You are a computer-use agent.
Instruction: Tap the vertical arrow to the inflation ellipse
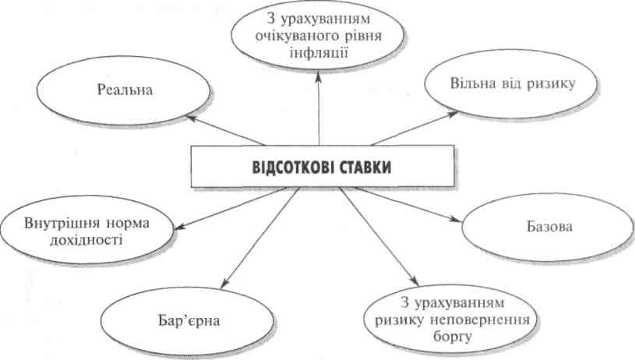319,109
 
